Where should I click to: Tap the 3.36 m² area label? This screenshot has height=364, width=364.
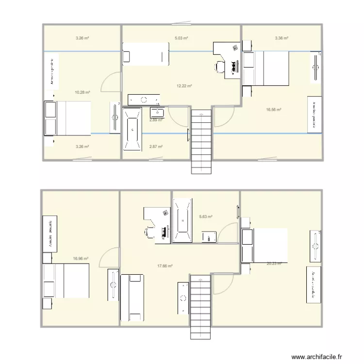coord(282,38)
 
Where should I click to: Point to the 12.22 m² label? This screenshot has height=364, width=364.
coord(184,86)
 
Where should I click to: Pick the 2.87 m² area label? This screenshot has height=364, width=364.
coord(155,146)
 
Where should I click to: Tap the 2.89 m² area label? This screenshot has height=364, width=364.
coord(156,120)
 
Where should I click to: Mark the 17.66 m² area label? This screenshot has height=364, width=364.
coord(165,265)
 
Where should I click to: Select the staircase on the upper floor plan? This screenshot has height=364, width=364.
coord(201,141)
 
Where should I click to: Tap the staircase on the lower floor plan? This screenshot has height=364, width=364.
coord(200,306)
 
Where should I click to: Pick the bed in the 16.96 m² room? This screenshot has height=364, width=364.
coord(66,281)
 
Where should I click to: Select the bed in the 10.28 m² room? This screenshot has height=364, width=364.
coord(67,118)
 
